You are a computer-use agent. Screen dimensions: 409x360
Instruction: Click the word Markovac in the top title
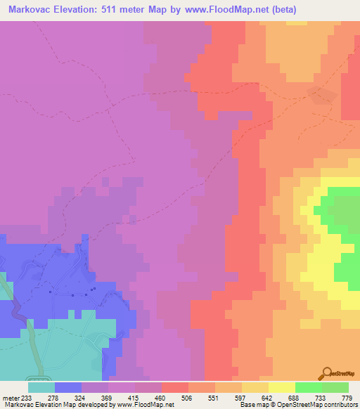(27, 9)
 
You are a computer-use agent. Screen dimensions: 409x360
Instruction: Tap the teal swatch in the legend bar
(41, 387)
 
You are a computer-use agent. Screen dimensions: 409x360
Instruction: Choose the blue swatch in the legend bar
(67, 387)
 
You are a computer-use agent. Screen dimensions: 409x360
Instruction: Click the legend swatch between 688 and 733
(308, 387)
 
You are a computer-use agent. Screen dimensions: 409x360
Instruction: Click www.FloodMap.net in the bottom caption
(144, 405)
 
